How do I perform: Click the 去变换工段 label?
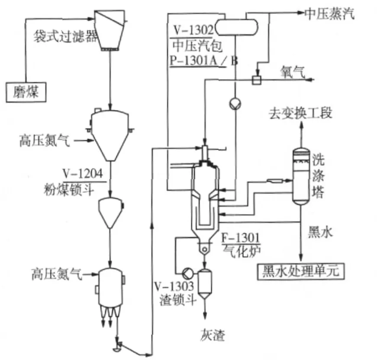pos(301,114)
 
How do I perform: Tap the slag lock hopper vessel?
pos(203,281)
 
